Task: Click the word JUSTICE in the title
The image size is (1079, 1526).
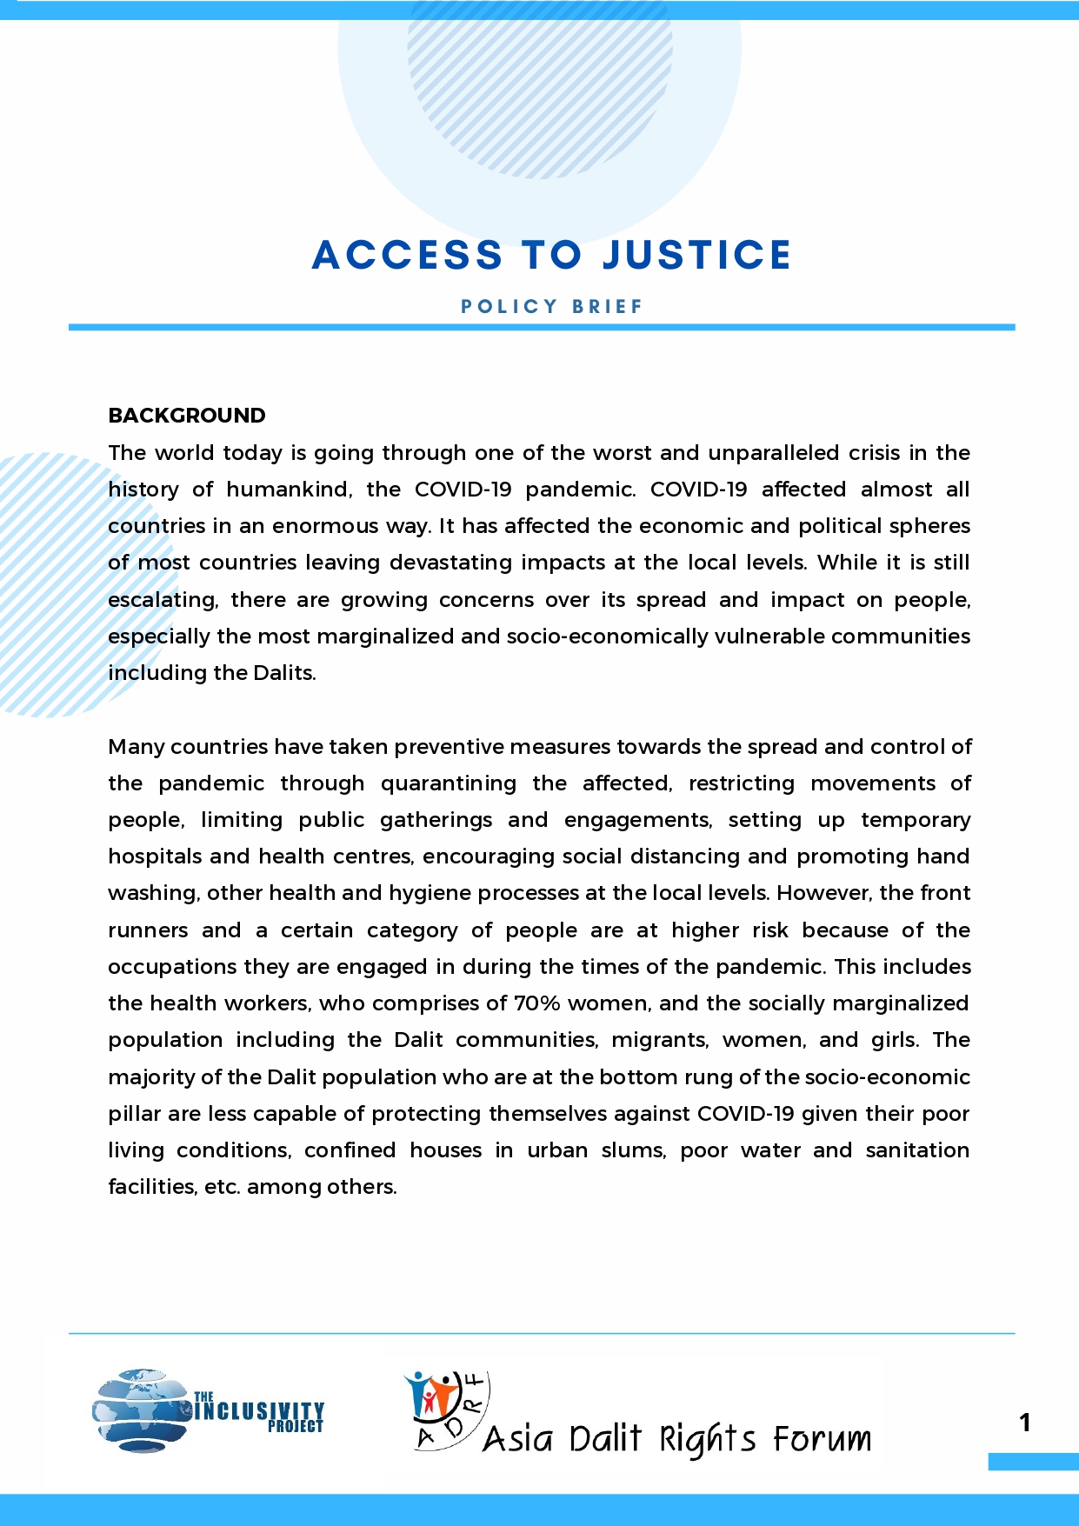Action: point(696,255)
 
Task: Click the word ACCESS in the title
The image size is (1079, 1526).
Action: point(407,255)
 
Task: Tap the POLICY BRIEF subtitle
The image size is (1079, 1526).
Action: point(552,306)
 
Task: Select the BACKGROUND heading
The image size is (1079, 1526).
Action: point(187,416)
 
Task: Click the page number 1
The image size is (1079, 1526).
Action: point(1025,1423)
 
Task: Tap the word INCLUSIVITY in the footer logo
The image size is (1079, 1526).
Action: point(259,1409)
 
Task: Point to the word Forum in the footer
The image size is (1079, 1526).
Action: point(822,1439)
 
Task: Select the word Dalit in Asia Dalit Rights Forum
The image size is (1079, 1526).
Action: point(605,1439)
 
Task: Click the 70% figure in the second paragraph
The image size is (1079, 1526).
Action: point(536,1003)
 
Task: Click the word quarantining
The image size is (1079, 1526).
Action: point(448,783)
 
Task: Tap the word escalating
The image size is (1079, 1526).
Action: point(163,600)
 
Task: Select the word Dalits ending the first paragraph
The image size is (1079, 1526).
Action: point(284,673)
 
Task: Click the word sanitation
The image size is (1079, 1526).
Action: point(917,1150)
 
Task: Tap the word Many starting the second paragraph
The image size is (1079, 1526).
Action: point(137,747)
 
